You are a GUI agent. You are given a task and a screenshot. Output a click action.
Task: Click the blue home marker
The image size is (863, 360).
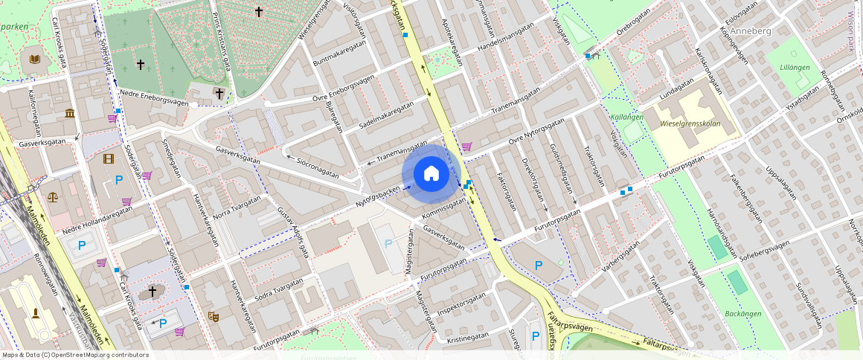click(431, 174)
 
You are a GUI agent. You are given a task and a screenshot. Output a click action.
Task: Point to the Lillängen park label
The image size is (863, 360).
click(795, 67)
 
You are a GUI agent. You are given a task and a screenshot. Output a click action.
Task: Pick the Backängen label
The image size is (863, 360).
click(742, 314)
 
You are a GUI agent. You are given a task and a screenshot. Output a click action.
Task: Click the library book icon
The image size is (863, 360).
click(34, 60)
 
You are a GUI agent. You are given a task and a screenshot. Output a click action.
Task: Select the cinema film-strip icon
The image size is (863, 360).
click(109, 158)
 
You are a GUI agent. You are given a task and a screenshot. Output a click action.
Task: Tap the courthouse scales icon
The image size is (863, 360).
click(53, 198)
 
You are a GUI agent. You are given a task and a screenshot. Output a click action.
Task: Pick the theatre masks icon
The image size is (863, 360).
click(213, 315)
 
